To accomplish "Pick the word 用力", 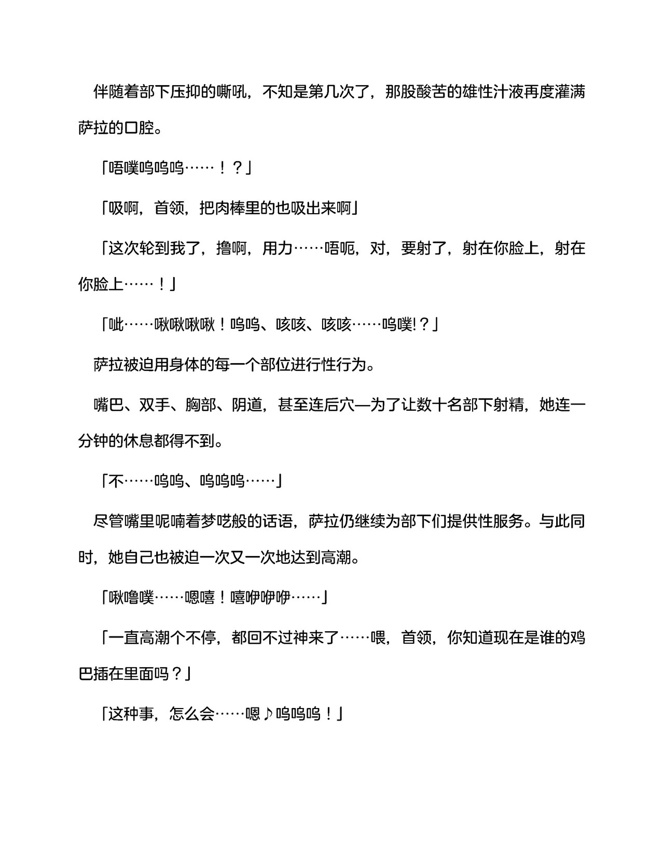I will (x=278, y=248).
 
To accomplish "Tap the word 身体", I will (x=185, y=365).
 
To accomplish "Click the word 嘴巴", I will (x=108, y=404).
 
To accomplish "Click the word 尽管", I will (x=108, y=520).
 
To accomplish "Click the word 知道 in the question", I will (x=477, y=638).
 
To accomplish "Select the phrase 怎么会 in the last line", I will (x=192, y=715).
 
